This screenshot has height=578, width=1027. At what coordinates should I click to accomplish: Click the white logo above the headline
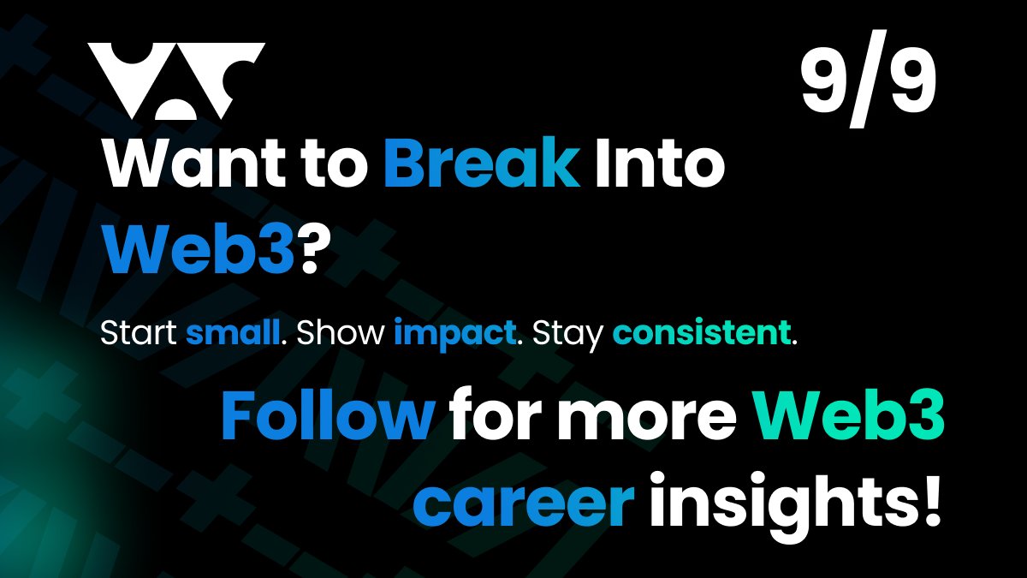click(177, 81)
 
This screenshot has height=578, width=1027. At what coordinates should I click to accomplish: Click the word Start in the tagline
click(140, 334)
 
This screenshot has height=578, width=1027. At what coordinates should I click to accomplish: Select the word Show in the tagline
click(339, 334)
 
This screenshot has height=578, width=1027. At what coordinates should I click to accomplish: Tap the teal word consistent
click(702, 334)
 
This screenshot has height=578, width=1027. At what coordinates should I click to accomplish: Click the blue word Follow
click(328, 416)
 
